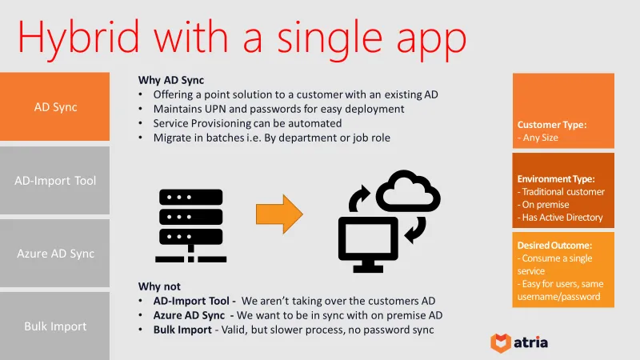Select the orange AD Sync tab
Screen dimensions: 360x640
pyautogui.click(x=54, y=107)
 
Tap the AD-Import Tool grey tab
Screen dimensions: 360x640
pyautogui.click(x=54, y=180)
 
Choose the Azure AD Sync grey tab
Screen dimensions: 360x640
pyautogui.click(x=54, y=254)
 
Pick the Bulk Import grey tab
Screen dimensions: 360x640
pyautogui.click(x=54, y=326)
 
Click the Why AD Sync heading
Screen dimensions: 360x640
pyautogui.click(x=171, y=80)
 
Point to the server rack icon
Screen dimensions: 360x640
pyautogui.click(x=192, y=226)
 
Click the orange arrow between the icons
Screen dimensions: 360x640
pyautogui.click(x=279, y=214)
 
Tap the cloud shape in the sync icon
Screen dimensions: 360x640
pyautogui.click(x=407, y=194)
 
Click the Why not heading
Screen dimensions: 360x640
pyautogui.click(x=159, y=286)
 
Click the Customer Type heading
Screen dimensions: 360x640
pyautogui.click(x=552, y=125)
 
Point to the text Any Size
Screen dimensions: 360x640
pyautogui.click(x=539, y=138)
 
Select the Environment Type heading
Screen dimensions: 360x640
pyautogui.click(x=556, y=179)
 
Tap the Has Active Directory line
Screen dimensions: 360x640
pyautogui.click(x=562, y=218)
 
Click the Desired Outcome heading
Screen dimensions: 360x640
pyautogui.click(x=554, y=245)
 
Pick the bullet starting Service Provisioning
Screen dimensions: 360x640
pyautogui.click(x=247, y=123)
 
